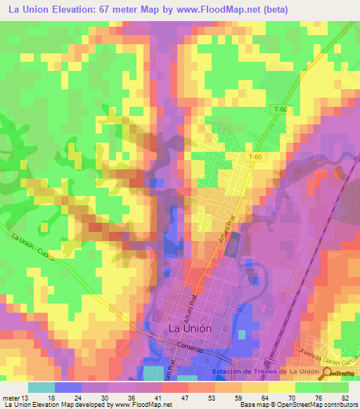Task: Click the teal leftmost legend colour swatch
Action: [x=41, y=387]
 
